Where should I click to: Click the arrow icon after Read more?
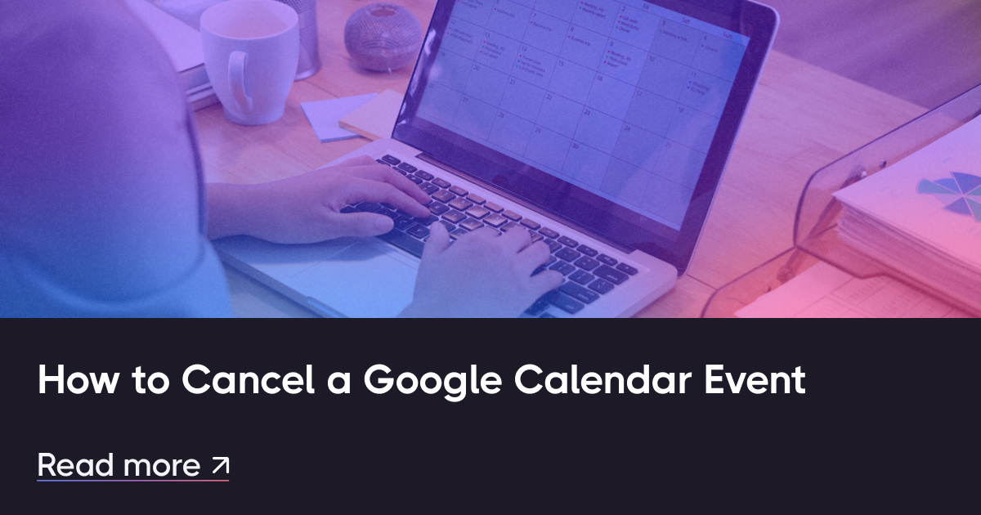(220, 465)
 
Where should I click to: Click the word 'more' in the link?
(161, 465)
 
